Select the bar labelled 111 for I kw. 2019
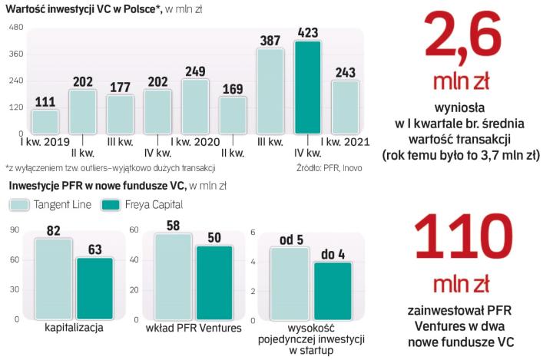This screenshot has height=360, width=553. (x=45, y=122)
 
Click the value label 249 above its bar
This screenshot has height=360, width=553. (x=195, y=71)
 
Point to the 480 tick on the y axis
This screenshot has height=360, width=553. (x=15, y=28)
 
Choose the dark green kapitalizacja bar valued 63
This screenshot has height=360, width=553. (x=94, y=288)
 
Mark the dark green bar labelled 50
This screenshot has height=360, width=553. (x=214, y=282)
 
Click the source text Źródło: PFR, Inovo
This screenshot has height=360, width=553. (x=329, y=167)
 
